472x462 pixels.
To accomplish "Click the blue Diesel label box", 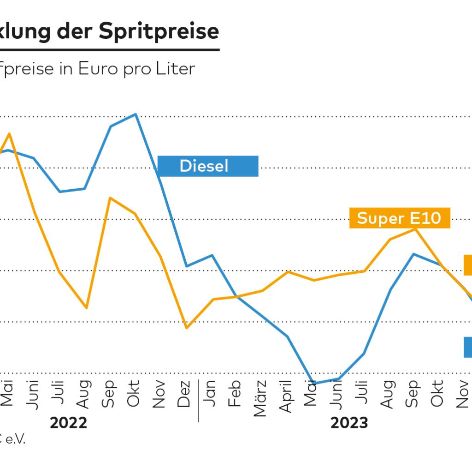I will point(208,166).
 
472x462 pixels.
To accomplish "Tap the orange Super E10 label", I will point(399,218).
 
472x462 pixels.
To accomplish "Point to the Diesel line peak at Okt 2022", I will point(135,114).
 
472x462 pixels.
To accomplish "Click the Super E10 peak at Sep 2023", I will point(415,229).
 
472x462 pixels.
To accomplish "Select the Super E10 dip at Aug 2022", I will point(87,307).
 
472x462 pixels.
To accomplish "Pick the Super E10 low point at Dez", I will point(186,328).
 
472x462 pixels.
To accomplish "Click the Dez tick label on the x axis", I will point(184,394).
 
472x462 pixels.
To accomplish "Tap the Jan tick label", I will point(210,394).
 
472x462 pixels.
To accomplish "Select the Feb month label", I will point(235,393).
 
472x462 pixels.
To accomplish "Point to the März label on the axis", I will point(260,398).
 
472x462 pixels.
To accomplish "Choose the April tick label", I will point(286,396).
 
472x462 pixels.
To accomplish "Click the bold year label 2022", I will point(69,423).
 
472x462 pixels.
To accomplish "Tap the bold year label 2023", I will point(349,423).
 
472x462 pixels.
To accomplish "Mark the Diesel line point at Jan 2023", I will point(211,255).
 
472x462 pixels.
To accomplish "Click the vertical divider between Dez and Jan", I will point(199,401).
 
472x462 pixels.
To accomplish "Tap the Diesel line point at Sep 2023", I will point(414,254).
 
